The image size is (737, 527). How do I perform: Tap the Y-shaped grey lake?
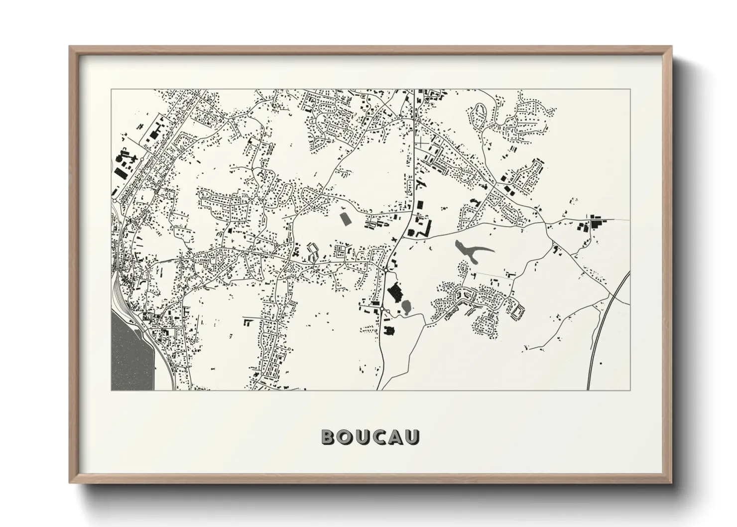468,251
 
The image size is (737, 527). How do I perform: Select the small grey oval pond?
406,306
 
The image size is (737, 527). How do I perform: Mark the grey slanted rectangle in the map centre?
344,218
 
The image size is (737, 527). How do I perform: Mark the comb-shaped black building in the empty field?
247,322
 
